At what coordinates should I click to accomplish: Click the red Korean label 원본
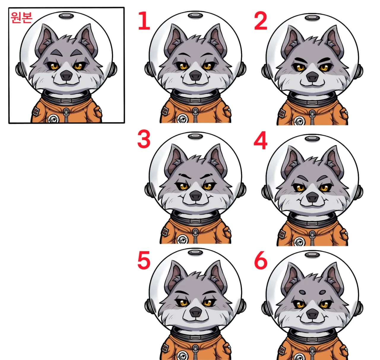click(x=21, y=18)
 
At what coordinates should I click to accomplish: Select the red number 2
click(x=261, y=21)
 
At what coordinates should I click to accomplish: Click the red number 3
click(x=144, y=139)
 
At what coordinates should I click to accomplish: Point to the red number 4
click(x=261, y=140)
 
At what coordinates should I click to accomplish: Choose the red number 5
click(x=144, y=260)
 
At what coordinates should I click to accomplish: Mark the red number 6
click(x=261, y=261)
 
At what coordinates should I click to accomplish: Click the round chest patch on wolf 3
click(x=182, y=239)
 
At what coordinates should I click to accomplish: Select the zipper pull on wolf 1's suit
click(x=195, y=112)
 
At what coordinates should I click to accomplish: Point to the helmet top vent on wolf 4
click(x=312, y=138)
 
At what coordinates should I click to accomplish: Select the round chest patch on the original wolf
click(x=53, y=119)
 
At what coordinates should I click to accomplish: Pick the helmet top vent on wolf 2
click(x=312, y=18)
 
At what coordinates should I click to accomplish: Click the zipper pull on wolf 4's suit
click(x=312, y=235)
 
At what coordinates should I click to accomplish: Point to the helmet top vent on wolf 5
click(x=195, y=252)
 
